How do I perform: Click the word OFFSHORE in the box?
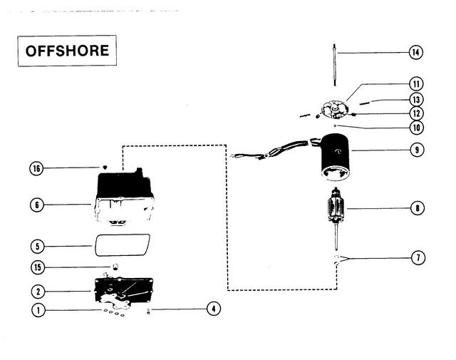tap(67, 51)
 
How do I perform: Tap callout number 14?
tap(416, 52)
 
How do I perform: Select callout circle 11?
tap(416, 84)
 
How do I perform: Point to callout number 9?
tap(417, 150)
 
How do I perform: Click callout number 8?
tap(418, 208)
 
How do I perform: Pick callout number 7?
tap(418, 257)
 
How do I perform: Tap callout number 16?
tap(36, 168)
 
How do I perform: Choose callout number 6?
tap(37, 205)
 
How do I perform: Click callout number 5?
tap(37, 247)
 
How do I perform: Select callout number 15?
tap(38, 267)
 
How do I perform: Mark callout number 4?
tap(214, 309)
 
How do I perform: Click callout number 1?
tap(38, 310)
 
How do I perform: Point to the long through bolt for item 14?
tap(335, 65)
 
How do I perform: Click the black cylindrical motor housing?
tap(335, 157)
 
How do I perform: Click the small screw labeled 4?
tap(149, 311)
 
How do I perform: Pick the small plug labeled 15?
tap(115, 267)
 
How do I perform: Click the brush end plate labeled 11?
tap(334, 110)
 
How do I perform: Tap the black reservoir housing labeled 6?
tap(125, 195)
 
